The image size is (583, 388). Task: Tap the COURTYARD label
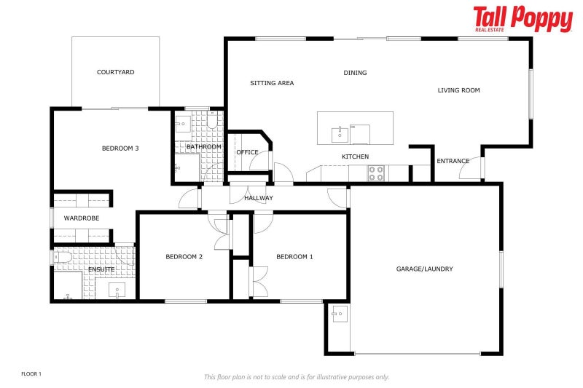pos(116,72)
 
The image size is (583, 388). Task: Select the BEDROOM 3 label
pos(120,149)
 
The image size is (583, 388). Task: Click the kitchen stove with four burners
pos(376,173)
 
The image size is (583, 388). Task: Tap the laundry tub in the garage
pos(339,314)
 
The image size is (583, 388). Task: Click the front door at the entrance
pos(474,169)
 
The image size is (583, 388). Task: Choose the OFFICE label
pos(247,152)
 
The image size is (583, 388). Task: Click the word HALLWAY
pos(259,198)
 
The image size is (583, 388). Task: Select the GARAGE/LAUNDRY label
pos(424,269)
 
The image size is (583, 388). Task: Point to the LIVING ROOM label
pos(458,90)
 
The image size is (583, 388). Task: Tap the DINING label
pos(356,73)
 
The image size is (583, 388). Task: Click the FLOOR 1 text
pos(31,373)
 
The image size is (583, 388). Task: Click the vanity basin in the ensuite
pos(117,291)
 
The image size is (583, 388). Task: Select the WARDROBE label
pos(82,218)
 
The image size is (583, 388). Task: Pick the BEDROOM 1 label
pos(294,256)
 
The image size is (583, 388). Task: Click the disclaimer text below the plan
pos(296,376)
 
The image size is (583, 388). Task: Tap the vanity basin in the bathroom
pos(183,122)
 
